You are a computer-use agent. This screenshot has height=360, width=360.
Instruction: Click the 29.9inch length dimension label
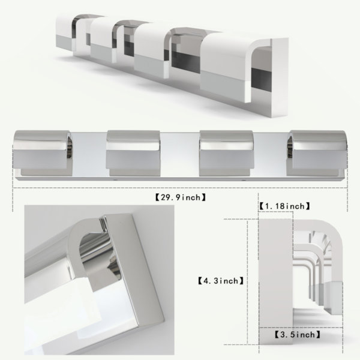pos(181,197)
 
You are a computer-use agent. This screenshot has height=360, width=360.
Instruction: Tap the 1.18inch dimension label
pos(284,206)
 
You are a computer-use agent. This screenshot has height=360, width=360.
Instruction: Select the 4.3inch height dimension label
pos(221,281)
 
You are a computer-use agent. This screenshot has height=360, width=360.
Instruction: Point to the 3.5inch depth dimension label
pos(298,335)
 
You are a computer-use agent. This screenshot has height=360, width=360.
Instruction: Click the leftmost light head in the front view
pos(43,154)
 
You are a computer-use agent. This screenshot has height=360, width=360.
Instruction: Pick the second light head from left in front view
pos(133,154)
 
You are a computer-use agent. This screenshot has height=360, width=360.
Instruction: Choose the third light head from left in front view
pos(227,154)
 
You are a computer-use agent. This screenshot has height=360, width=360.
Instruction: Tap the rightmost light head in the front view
pos(318,154)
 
